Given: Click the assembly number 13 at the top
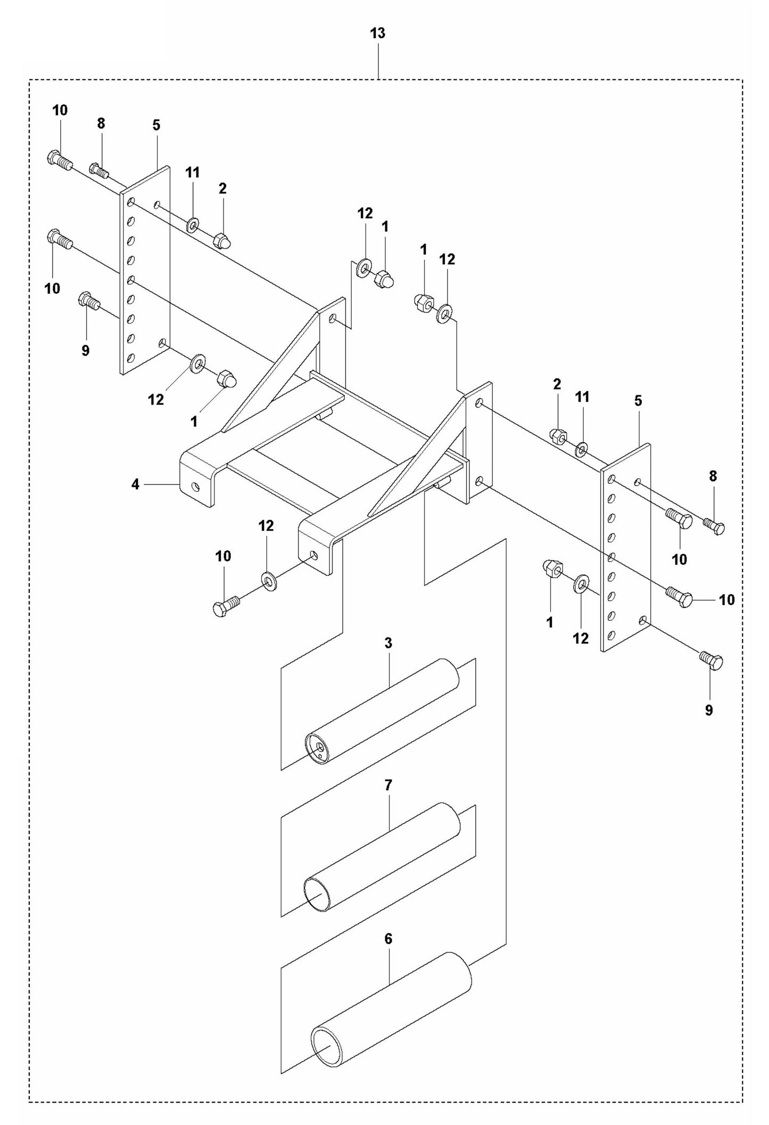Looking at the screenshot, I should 377,34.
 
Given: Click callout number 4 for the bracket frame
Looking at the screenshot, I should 135,484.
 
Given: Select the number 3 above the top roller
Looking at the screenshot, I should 388,643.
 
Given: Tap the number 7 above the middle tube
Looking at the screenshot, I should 388,784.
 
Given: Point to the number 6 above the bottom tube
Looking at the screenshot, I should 388,939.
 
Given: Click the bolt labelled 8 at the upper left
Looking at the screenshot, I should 98,170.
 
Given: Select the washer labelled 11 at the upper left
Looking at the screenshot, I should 192,225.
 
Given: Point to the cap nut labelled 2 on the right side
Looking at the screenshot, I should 558,436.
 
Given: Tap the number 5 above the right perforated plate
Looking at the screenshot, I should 638,401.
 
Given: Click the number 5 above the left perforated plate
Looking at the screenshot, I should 156,125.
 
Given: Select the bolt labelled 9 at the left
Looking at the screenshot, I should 89,301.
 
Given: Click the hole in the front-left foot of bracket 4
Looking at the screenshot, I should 196,486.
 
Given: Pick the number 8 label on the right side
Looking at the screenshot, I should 713,476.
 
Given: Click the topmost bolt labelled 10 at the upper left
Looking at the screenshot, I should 60,159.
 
